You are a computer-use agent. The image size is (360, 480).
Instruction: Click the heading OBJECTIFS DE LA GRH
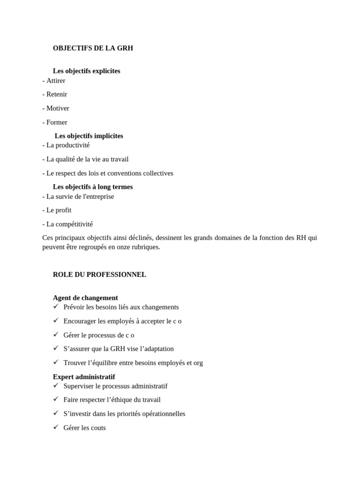(x=93, y=48)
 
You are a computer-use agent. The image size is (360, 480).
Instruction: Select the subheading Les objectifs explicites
(x=86, y=71)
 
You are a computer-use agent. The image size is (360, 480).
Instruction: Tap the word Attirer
(x=56, y=81)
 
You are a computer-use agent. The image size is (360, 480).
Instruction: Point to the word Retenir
(x=57, y=94)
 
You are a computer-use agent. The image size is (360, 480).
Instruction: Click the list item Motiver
(x=58, y=108)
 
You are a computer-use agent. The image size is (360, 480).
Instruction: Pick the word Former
(x=57, y=122)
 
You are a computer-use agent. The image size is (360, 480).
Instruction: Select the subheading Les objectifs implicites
(x=89, y=136)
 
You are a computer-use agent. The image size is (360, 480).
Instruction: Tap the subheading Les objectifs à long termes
(x=93, y=187)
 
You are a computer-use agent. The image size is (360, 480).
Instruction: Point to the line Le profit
(x=59, y=210)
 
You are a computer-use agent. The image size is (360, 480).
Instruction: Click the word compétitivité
(x=75, y=224)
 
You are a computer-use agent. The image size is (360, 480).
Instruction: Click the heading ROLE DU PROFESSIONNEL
(x=99, y=275)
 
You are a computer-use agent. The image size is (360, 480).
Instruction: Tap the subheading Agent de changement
(x=85, y=298)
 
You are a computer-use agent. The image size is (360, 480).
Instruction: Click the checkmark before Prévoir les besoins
(x=56, y=307)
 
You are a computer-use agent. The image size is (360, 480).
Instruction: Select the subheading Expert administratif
(x=84, y=377)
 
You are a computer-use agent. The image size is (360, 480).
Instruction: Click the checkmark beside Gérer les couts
(x=56, y=427)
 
